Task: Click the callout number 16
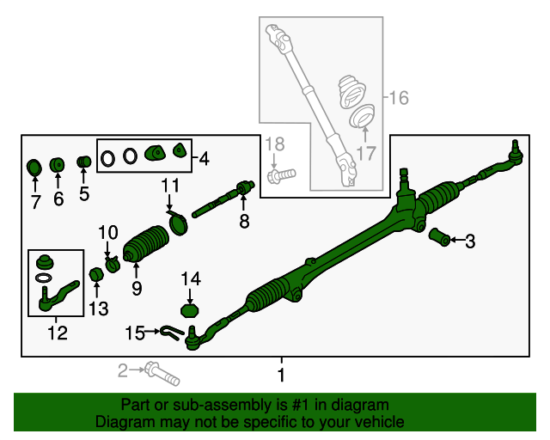click(399, 98)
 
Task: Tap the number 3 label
click(470, 241)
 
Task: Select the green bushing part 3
click(439, 237)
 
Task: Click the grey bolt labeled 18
click(282, 175)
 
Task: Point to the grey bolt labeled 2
click(162, 374)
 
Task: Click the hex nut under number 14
click(189, 311)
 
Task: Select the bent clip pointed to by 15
click(172, 332)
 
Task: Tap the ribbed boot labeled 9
click(146, 244)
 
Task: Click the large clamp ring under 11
click(178, 223)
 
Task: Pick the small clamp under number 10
click(113, 264)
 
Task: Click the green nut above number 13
click(96, 274)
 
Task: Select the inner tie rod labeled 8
click(223, 199)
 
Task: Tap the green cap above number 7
click(34, 168)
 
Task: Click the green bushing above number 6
click(58, 164)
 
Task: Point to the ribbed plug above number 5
click(84, 162)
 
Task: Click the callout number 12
click(58, 333)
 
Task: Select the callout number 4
click(205, 159)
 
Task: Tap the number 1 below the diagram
click(281, 375)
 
